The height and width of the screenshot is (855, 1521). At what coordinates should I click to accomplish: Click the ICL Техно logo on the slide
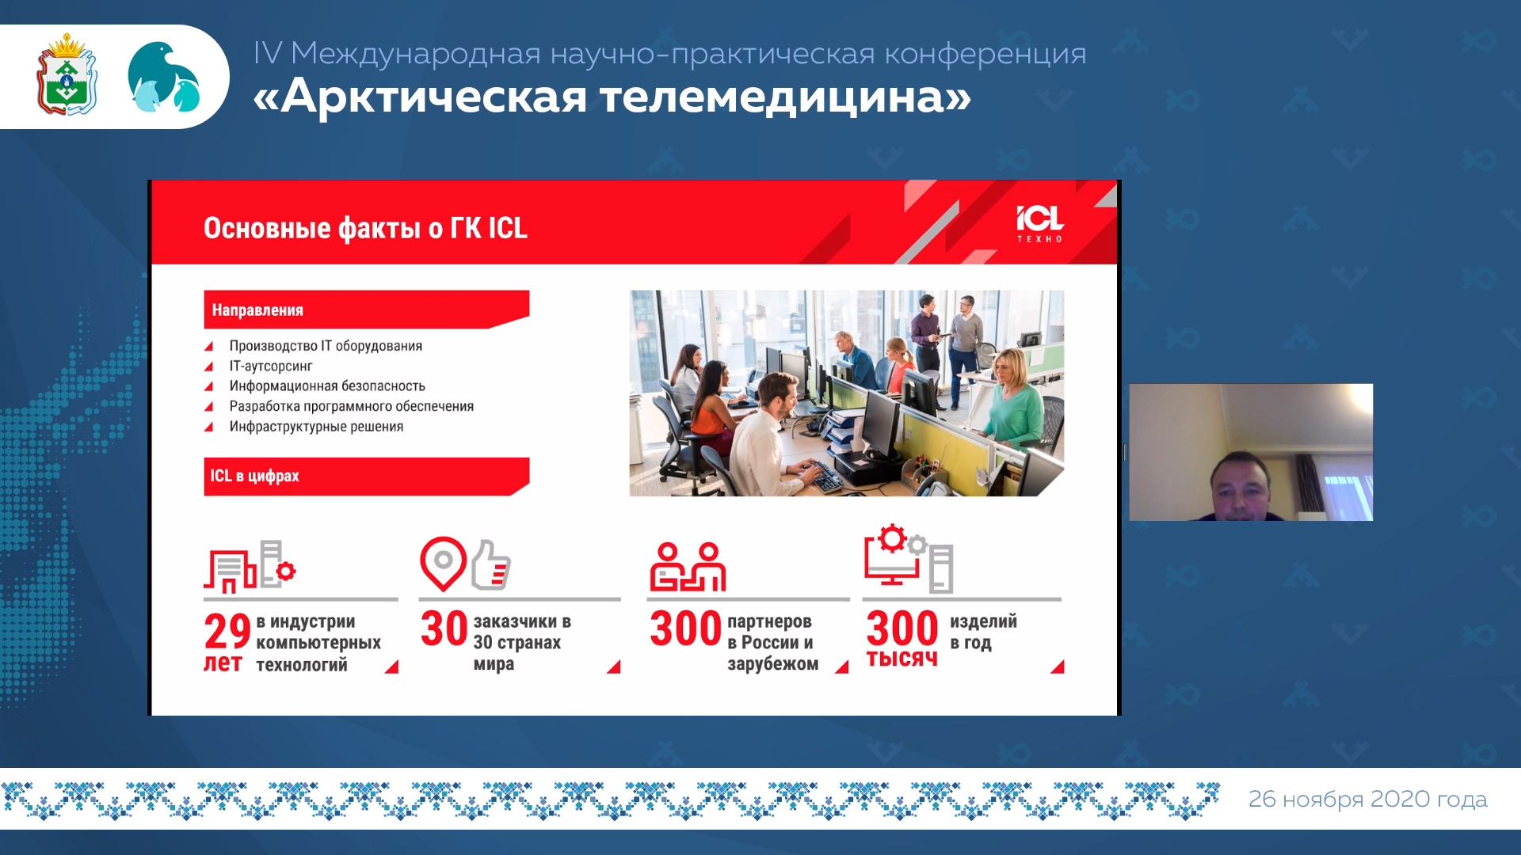click(x=1039, y=224)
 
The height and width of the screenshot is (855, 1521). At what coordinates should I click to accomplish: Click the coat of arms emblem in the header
click(x=67, y=75)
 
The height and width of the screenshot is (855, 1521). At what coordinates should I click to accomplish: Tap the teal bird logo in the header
click(x=163, y=77)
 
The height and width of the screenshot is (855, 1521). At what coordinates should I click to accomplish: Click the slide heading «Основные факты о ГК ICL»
click(x=365, y=228)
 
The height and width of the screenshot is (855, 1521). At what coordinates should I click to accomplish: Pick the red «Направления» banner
click(x=366, y=310)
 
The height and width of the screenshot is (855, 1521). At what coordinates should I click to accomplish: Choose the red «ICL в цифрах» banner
click(x=366, y=477)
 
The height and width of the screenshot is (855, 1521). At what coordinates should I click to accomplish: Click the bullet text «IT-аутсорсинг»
click(x=271, y=366)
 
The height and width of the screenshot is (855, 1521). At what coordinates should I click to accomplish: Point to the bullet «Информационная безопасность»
click(x=327, y=386)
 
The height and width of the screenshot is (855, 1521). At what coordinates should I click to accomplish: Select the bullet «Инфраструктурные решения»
click(x=316, y=426)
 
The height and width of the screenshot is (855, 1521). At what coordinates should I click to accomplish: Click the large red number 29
click(x=227, y=631)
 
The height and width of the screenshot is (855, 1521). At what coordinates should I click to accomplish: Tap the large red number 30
click(x=444, y=628)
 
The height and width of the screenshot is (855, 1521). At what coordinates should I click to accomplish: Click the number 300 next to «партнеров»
click(x=685, y=628)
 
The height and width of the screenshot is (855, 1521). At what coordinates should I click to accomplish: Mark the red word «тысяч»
click(x=902, y=659)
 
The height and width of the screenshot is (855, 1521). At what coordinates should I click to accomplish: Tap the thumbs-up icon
click(x=491, y=564)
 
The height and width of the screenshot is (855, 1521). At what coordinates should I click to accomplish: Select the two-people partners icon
click(x=688, y=567)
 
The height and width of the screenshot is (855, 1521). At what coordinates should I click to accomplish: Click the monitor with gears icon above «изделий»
click(x=908, y=558)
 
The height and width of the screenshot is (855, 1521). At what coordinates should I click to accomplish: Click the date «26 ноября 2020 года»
click(x=1367, y=800)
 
